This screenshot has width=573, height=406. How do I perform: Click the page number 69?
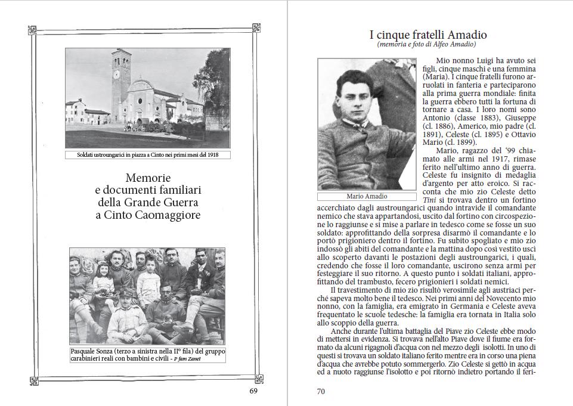pyautogui.click(x=253, y=391)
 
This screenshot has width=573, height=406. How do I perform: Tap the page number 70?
pyautogui.click(x=320, y=391)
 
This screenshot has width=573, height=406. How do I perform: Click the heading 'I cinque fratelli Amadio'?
pyautogui.click(x=428, y=35)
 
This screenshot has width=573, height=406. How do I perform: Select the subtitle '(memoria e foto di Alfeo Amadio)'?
pyautogui.click(x=427, y=45)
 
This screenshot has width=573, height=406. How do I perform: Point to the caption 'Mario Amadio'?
pyautogui.click(x=367, y=196)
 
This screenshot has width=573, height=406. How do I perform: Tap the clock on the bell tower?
pyautogui.click(x=116, y=75)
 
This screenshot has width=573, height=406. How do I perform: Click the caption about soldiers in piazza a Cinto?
pyautogui.click(x=147, y=156)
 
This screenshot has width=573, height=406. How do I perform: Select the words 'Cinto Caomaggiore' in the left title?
pyautogui.click(x=148, y=215)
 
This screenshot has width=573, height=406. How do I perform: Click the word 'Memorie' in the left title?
pyautogui.click(x=148, y=178)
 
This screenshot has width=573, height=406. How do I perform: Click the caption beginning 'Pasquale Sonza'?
pyautogui.click(x=147, y=355)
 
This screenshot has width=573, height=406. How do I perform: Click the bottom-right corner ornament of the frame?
pyautogui.click(x=256, y=377)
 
